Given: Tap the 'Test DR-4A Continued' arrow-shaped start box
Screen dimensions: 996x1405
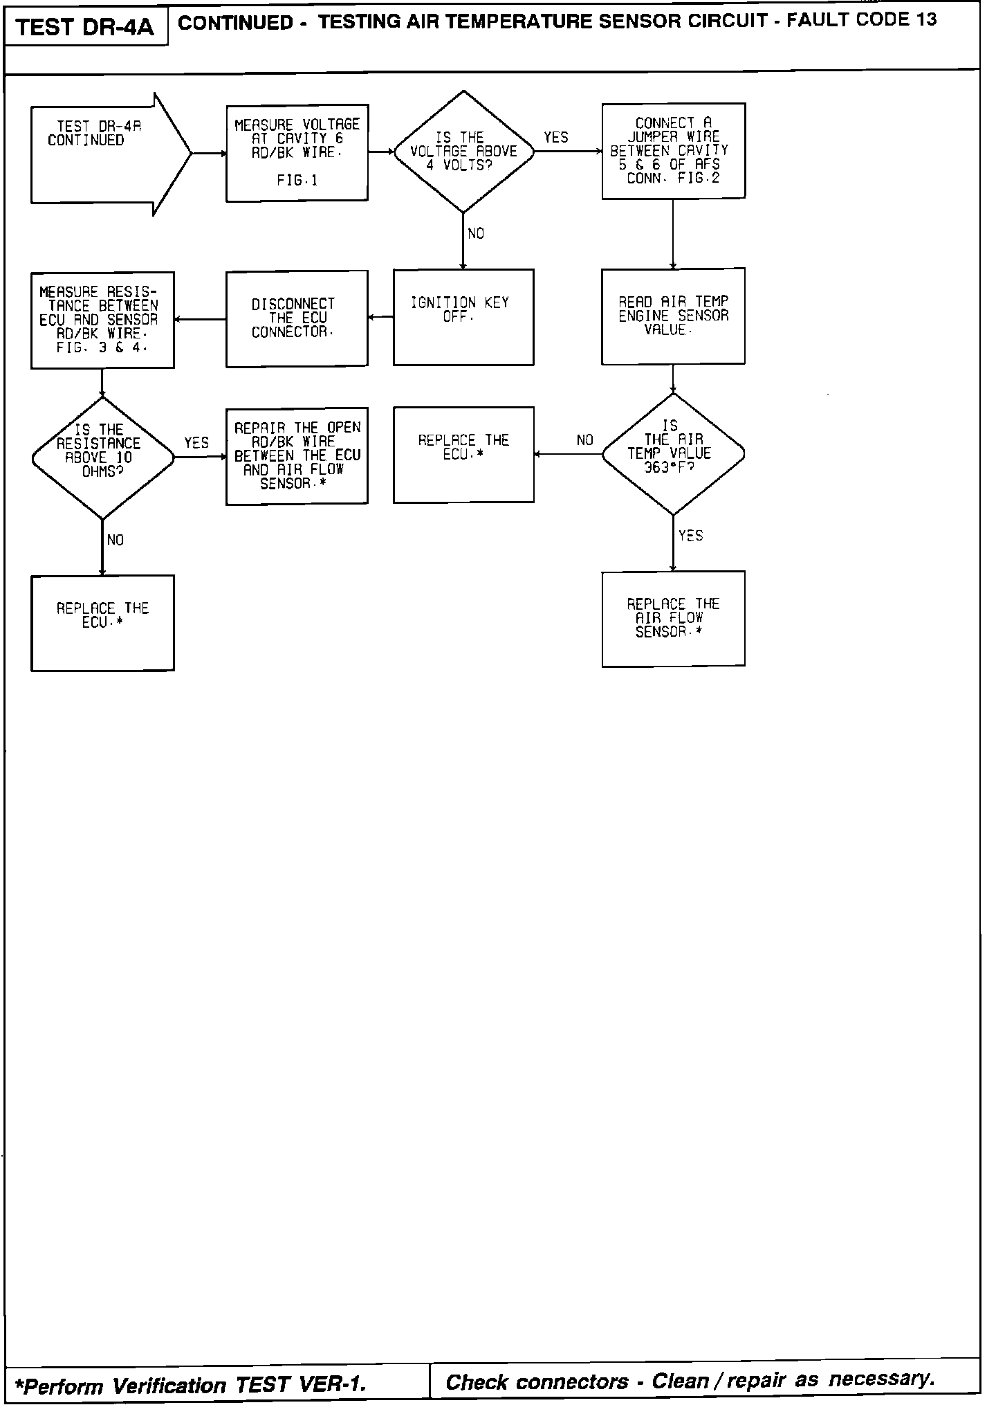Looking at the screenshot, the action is point(104,153).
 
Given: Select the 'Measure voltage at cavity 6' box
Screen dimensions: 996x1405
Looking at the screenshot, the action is point(297,153).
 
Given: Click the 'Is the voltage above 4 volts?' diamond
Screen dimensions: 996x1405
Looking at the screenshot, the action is point(463,152).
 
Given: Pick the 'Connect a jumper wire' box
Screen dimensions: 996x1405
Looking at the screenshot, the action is point(673,151).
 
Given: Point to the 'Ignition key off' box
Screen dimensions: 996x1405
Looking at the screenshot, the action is point(463,317).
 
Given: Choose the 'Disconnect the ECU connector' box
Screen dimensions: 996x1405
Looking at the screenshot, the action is point(297,318).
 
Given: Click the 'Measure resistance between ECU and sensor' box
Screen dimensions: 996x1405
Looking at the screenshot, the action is point(102,320).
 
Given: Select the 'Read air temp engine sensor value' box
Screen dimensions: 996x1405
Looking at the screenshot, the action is point(673,316).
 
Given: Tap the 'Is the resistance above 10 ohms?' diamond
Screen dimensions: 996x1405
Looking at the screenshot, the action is point(102,457).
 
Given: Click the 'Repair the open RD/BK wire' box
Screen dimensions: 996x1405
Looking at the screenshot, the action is point(297,456).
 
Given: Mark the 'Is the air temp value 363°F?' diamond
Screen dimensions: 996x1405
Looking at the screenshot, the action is point(673,454).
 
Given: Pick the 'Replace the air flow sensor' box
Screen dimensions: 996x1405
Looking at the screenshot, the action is point(673,619).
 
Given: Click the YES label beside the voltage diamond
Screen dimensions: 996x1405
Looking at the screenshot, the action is point(555,138).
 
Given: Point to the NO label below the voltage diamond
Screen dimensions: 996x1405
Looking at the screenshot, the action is point(476,234).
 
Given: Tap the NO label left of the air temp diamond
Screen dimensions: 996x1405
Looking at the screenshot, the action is point(584,440).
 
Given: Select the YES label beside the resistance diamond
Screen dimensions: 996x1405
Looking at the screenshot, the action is point(196,443).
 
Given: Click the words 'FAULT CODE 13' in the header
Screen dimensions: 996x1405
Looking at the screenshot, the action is point(861,20).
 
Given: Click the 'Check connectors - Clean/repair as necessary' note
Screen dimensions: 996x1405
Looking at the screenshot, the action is point(690,1381).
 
